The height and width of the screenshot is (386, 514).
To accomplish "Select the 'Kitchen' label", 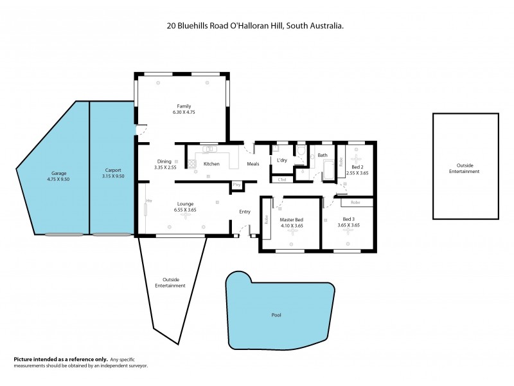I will pos(211,164).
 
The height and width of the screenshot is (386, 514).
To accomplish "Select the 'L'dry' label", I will pos(281,160).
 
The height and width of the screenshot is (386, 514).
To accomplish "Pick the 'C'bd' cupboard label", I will pos(281,179).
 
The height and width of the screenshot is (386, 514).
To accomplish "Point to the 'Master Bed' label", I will pos(291,219).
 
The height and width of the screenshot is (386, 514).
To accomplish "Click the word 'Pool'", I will pos(276,315).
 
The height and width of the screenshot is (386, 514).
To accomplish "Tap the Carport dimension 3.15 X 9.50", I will pos(114,176).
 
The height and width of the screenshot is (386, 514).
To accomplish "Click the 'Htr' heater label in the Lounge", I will pos(149,201).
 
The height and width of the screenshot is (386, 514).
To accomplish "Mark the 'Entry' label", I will pos(245,212).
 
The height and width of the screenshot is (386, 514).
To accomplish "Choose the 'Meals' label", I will pos(253,164).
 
